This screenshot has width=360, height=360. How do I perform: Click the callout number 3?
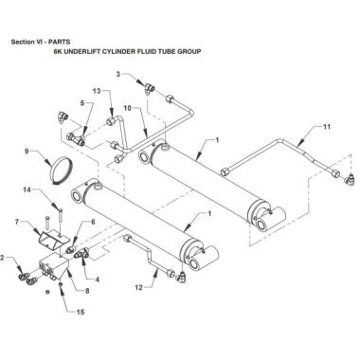coord(118,74)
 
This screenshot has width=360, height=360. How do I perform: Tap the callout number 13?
coord(97,91)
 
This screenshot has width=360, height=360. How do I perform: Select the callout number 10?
coord(127,108)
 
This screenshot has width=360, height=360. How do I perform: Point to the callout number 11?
coord(327,127)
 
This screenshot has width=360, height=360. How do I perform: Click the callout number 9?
coord(27,152)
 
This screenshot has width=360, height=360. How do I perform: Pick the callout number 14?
coord(27,189)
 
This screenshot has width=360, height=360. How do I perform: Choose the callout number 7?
coord(17,223)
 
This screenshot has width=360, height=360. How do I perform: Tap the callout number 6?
coord(93,222)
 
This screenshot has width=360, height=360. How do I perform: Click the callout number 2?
coord(2,258)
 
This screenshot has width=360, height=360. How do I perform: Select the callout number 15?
coord(81,312)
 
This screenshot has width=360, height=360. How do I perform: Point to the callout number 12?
coord(139,287)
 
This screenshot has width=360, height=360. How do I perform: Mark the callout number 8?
coord(87,291)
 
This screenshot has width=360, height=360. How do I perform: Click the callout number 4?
coord(97,279)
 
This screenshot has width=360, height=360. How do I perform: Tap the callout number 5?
coord(82,102)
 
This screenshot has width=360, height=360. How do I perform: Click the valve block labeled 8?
coord(54,266)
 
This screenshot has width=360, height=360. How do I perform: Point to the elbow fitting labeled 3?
coord(148,88)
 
